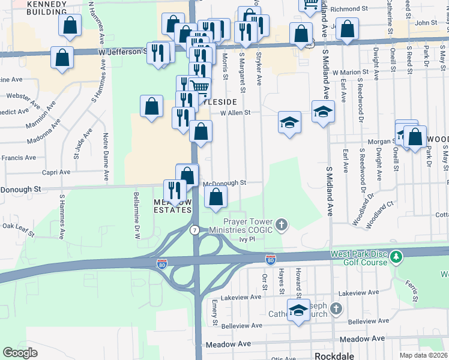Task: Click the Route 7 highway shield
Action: pyautogui.click(x=194, y=230)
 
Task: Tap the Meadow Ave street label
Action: pyautogui.click(x=228, y=345)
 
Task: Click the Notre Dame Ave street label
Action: pyautogui.click(x=106, y=157)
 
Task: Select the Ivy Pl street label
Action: pyautogui.click(x=247, y=239)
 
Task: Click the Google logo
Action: pyautogui.click(x=20, y=353)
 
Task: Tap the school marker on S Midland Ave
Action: pyautogui.click(x=323, y=112)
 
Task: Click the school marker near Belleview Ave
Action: pyautogui.click(x=298, y=311)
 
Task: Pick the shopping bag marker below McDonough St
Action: pyautogui.click(x=215, y=196)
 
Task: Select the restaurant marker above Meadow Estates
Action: pyautogui.click(x=175, y=191)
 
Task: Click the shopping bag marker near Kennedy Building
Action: pyautogui.click(x=70, y=26)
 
